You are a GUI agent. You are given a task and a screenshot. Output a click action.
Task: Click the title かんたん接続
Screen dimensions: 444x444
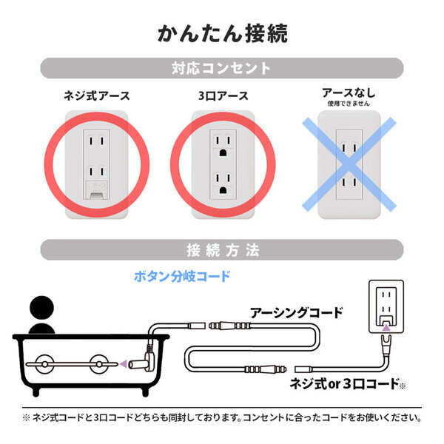click(222, 33)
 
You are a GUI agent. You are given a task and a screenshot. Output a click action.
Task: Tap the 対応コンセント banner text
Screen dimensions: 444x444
click(222, 70)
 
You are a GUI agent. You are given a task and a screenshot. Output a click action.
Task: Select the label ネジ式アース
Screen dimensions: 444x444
click(97, 95)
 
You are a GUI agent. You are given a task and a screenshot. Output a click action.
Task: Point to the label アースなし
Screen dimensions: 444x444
click(348, 93)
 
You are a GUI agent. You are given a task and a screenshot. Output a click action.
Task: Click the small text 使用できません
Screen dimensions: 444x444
click(348, 104)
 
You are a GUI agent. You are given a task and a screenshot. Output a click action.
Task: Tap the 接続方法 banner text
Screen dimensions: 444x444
click(222, 250)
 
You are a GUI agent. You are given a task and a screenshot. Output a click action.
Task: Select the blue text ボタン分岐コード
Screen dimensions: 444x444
click(182, 276)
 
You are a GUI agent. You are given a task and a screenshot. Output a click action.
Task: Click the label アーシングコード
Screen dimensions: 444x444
click(296, 312)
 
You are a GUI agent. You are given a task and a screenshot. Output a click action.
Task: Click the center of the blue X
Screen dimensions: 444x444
click(349, 165)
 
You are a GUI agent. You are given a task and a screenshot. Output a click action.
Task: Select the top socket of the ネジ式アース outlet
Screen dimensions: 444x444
click(97, 141)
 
